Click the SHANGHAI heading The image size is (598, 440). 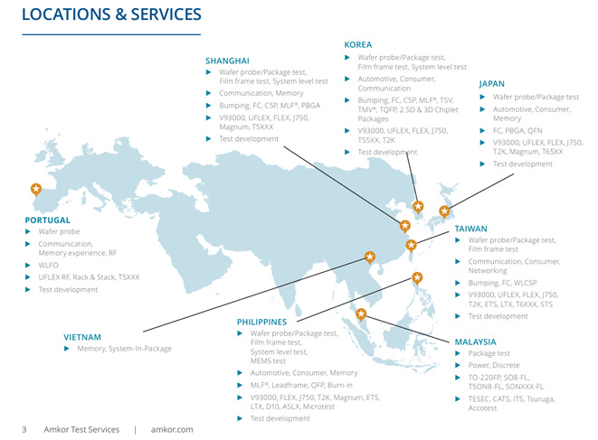(x=227, y=61)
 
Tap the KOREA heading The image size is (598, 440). (x=357, y=44)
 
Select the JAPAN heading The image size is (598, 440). (x=491, y=83)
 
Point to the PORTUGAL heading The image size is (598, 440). (x=47, y=220)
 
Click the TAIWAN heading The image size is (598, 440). (x=470, y=229)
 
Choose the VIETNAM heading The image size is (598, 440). (x=82, y=337)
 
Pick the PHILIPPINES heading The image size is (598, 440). (x=261, y=321)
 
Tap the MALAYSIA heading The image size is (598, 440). (x=475, y=342)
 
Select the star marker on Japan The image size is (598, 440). (x=444, y=211)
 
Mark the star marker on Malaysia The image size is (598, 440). (x=361, y=314)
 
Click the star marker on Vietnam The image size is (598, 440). (x=369, y=256)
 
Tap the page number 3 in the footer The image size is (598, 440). (x=24, y=429)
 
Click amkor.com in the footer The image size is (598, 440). (x=173, y=429)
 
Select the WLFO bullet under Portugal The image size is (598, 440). (x=49, y=266)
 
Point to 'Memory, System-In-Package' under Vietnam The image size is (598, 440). (x=124, y=349)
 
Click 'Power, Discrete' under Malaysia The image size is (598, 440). (x=494, y=365)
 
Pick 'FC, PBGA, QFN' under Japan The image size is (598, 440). (x=517, y=130)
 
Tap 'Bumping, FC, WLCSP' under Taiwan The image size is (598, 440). (x=508, y=283)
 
